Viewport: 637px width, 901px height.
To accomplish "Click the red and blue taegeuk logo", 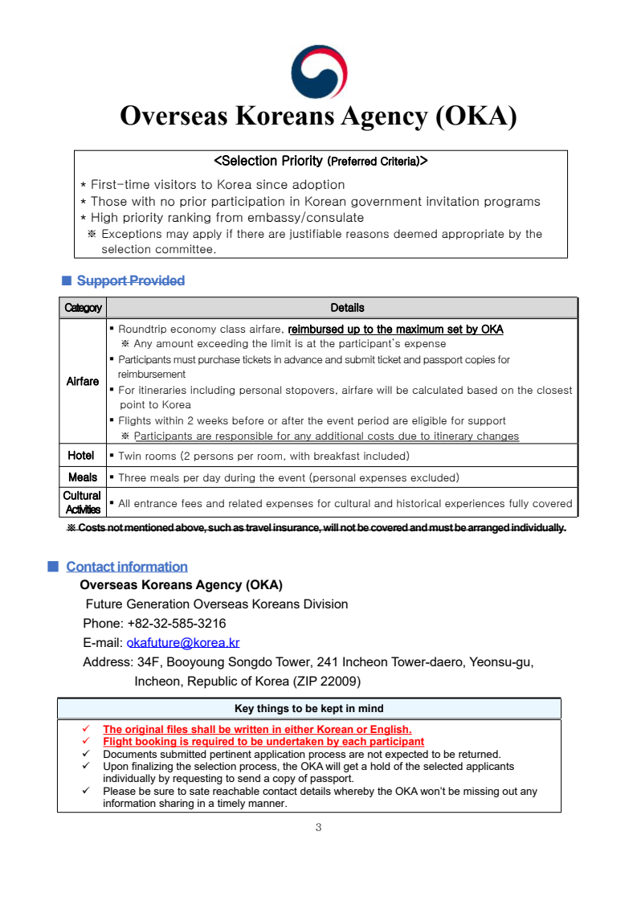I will pos(318,72).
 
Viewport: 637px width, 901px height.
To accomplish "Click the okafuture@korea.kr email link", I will pos(183,642).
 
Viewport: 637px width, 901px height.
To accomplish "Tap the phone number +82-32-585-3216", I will pos(176,623).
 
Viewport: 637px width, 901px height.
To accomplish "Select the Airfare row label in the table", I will pos(83,381).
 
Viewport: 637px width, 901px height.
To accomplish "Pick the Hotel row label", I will pos(81,456).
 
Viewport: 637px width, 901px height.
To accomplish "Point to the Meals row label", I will pos(83,477).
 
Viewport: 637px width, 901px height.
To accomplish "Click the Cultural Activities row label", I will pos(83,502).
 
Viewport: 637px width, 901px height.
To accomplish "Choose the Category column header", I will pos(83,308).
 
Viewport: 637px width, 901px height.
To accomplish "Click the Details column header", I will pos(347,308).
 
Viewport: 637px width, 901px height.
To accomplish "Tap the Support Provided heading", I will pos(131,281).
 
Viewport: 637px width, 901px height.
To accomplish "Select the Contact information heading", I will pos(127,567).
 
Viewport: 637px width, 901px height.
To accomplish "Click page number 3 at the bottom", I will pos(318,827).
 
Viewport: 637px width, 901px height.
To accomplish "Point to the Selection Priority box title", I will pos(321,161).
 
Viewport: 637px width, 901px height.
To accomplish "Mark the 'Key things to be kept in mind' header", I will pos(308,708).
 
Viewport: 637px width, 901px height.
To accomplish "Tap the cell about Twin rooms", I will pos(263,456).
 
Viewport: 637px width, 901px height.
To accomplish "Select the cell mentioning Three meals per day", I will pos(288,477).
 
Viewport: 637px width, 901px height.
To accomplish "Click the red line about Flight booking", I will pos(263,741).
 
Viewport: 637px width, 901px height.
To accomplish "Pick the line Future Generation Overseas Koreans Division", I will pos(217,604).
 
